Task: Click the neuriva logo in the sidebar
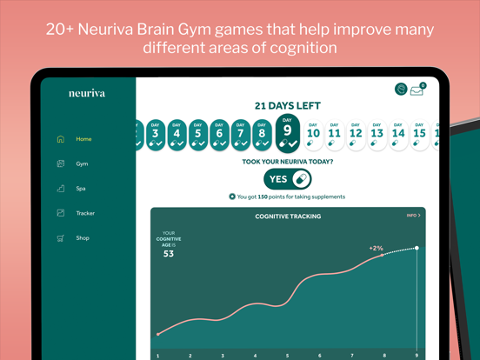87,93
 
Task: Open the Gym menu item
81,163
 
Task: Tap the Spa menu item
80,188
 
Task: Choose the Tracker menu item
84,213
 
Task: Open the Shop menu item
82,237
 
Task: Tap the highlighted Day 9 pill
287,133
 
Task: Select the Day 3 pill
155,135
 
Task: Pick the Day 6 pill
219,135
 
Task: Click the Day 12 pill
356,135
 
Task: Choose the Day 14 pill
398,135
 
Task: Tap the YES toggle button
287,179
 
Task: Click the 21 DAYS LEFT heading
287,106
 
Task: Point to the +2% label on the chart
376,249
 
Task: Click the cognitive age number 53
168,254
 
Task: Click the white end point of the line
417,248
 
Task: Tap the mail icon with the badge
417,90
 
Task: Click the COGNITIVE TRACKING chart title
287,217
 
